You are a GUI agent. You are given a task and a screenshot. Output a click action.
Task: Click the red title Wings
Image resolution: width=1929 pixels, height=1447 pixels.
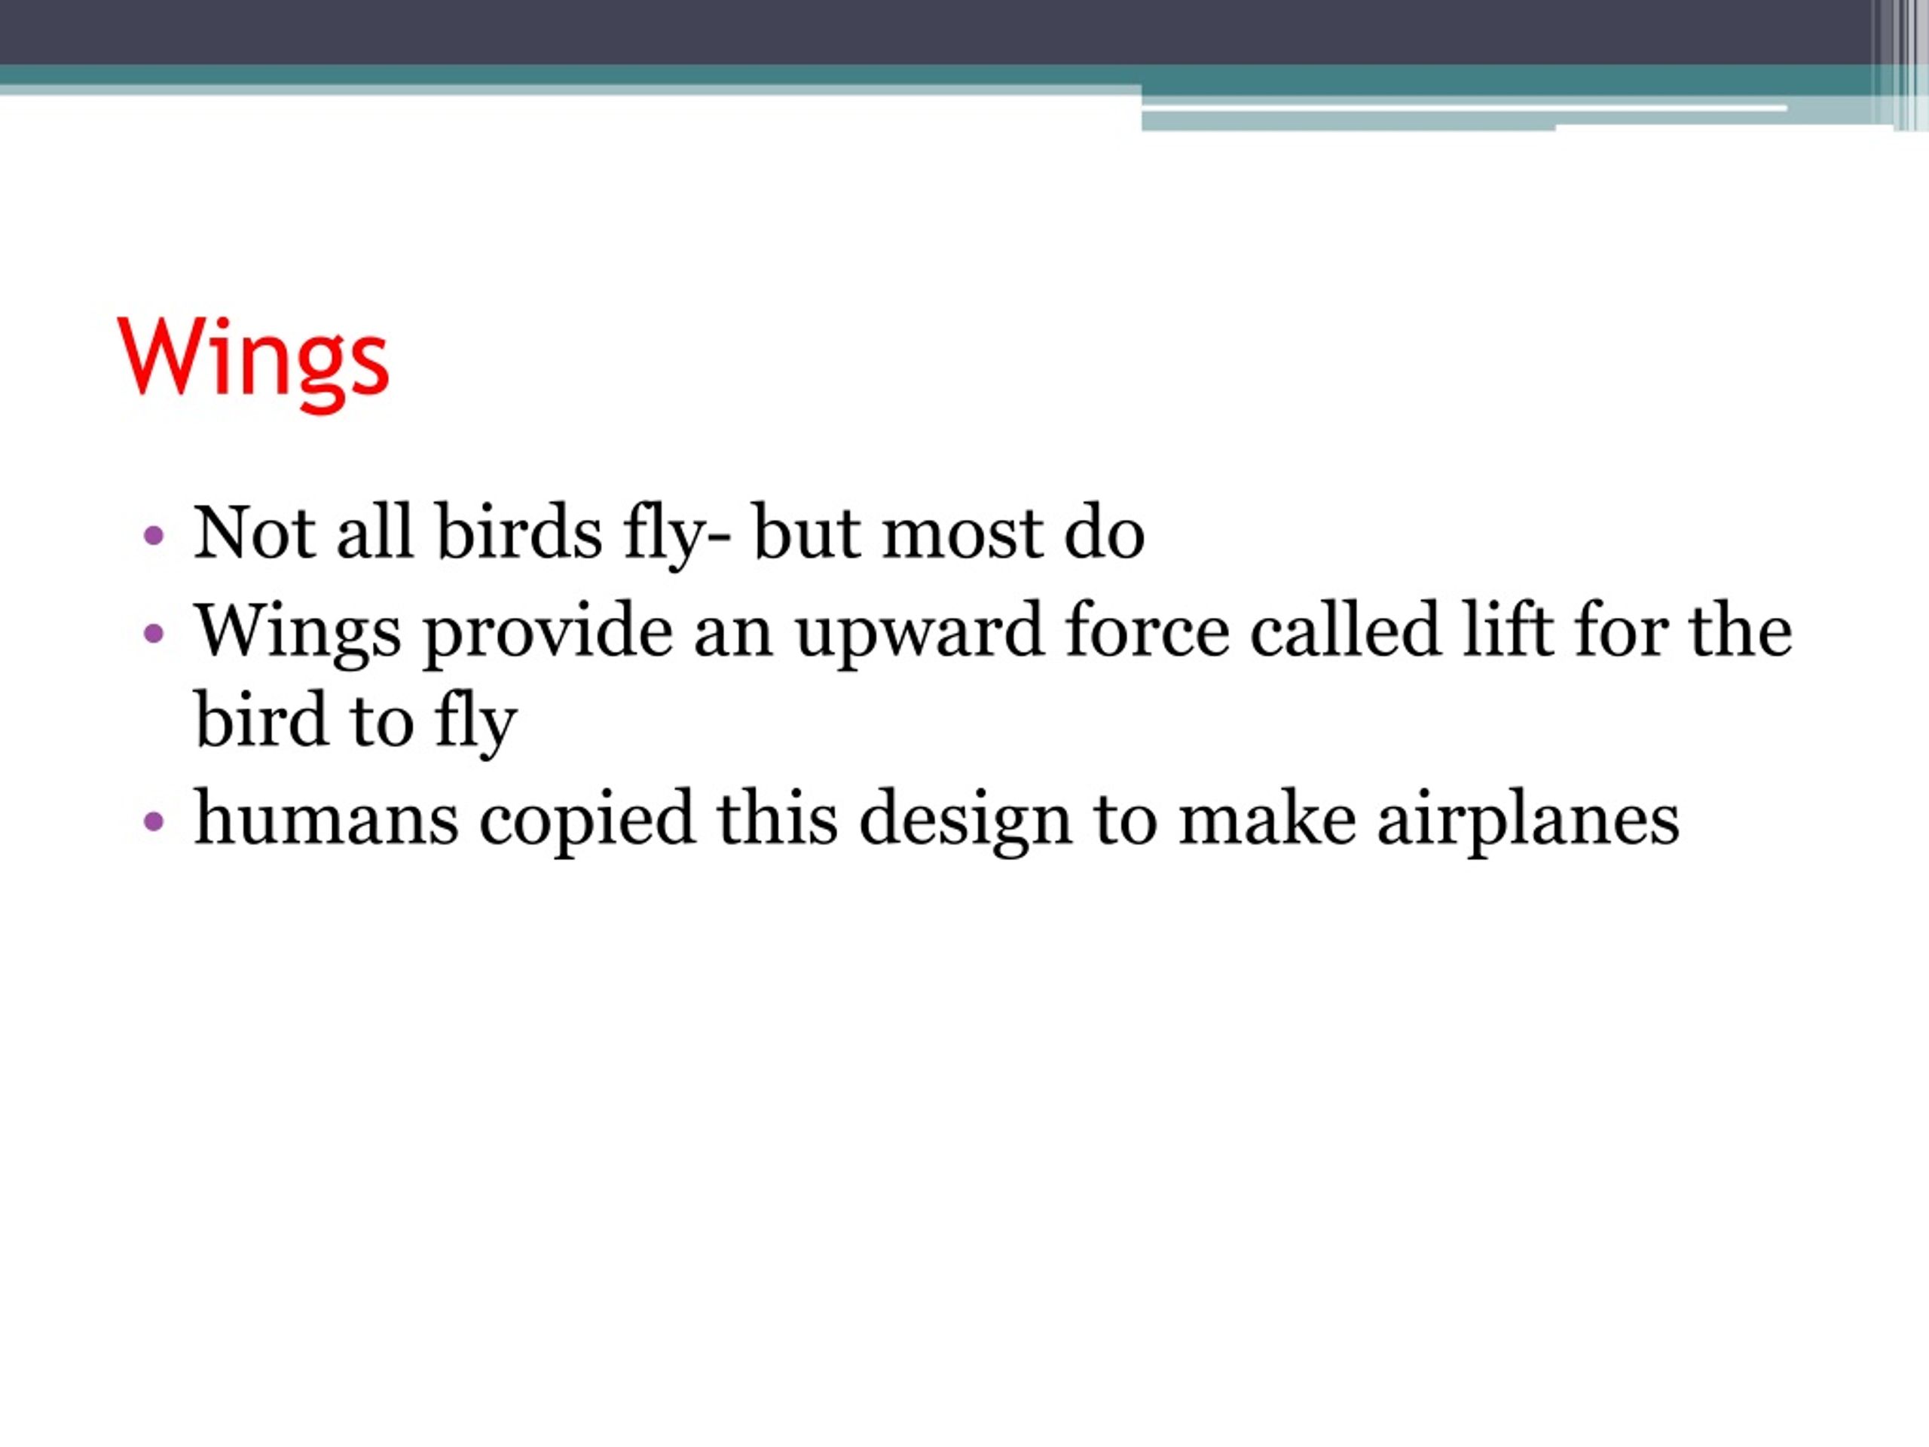(253, 360)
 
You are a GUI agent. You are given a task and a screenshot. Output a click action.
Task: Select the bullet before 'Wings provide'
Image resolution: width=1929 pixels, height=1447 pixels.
(154, 633)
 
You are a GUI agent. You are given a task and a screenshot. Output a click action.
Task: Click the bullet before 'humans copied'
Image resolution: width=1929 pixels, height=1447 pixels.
(154, 821)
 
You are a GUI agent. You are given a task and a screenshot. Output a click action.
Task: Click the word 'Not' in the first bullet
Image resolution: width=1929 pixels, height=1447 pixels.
(254, 533)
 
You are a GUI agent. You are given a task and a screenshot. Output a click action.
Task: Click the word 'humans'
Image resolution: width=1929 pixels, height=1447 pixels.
(326, 819)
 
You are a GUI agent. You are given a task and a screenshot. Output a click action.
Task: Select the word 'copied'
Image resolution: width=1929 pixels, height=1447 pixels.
(587, 821)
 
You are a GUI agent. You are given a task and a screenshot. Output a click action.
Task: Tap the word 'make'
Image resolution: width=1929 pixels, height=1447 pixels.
(1266, 819)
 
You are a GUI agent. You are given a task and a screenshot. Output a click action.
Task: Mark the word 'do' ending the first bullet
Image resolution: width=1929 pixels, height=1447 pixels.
(1104, 533)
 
